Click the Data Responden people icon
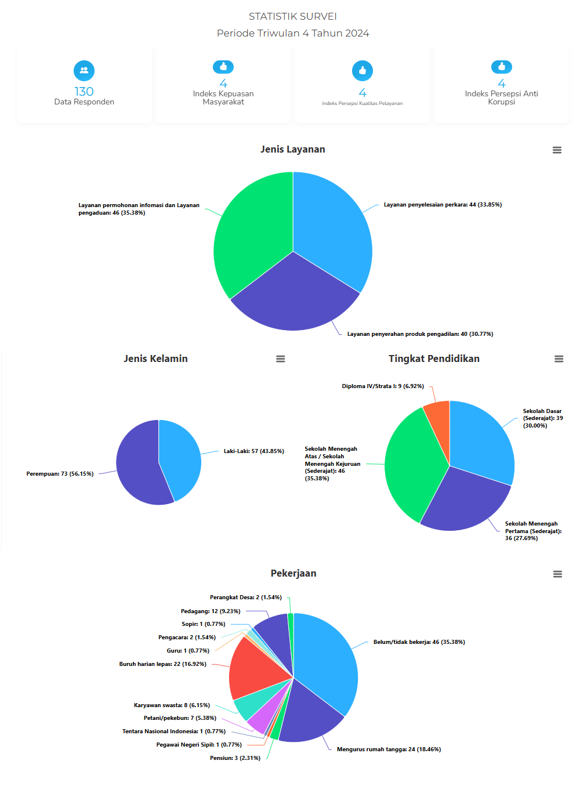pyautogui.click(x=84, y=71)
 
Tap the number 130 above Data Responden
pyautogui.click(x=84, y=92)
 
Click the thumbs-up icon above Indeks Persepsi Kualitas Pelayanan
pyautogui.click(x=362, y=71)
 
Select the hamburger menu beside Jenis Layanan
pyautogui.click(x=557, y=150)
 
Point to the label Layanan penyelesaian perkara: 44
pyautogui.click(x=443, y=205)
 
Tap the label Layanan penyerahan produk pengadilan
pyautogui.click(x=420, y=334)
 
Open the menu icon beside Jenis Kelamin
pyautogui.click(x=281, y=359)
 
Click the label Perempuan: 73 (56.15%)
pyautogui.click(x=60, y=474)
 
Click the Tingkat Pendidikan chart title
pyautogui.click(x=434, y=358)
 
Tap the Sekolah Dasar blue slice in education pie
pyautogui.click(x=481, y=441)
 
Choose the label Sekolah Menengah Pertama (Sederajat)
pyautogui.click(x=532, y=531)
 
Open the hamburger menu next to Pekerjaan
pyautogui.click(x=557, y=574)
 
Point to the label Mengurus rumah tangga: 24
pyautogui.click(x=389, y=749)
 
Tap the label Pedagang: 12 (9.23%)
pyautogui.click(x=211, y=611)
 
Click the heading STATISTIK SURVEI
pyautogui.click(x=293, y=16)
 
